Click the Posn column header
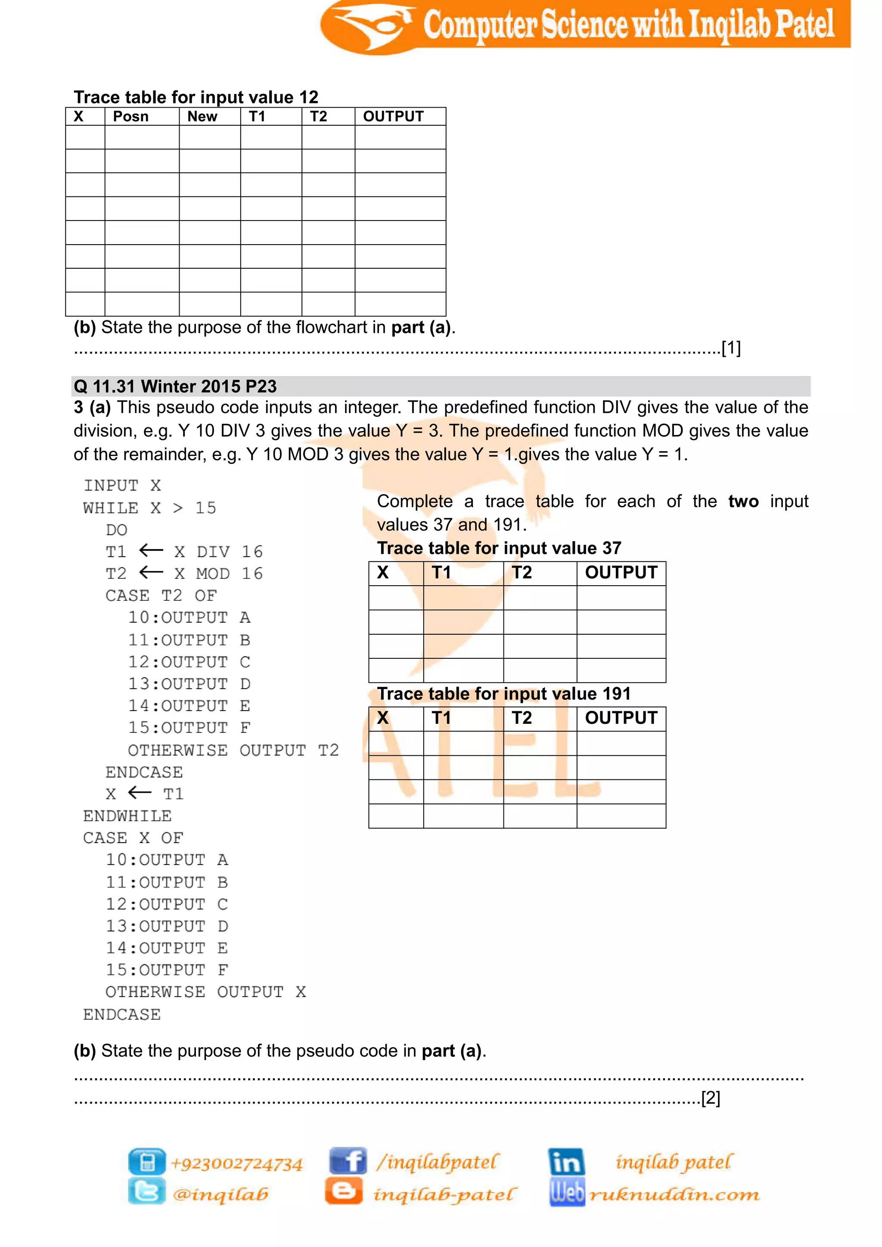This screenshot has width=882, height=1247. point(130,117)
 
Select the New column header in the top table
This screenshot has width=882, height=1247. point(202,117)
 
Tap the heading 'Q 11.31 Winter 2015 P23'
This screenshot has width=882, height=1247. point(175,386)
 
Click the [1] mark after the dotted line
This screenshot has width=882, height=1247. point(731,348)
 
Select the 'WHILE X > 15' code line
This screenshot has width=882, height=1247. point(150,508)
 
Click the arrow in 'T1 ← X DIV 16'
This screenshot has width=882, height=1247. point(151,551)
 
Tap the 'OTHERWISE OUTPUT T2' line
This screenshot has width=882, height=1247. point(233,750)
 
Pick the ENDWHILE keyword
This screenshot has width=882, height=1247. point(127,816)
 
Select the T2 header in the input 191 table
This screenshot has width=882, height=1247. point(522,718)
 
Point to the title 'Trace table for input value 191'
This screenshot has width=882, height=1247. point(504,694)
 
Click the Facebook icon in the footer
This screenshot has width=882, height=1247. point(348,1161)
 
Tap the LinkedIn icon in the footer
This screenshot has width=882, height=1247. point(566,1162)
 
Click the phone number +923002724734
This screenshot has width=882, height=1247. point(237,1163)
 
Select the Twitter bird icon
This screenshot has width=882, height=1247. point(146,1191)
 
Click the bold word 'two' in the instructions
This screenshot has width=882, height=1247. point(743,501)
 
